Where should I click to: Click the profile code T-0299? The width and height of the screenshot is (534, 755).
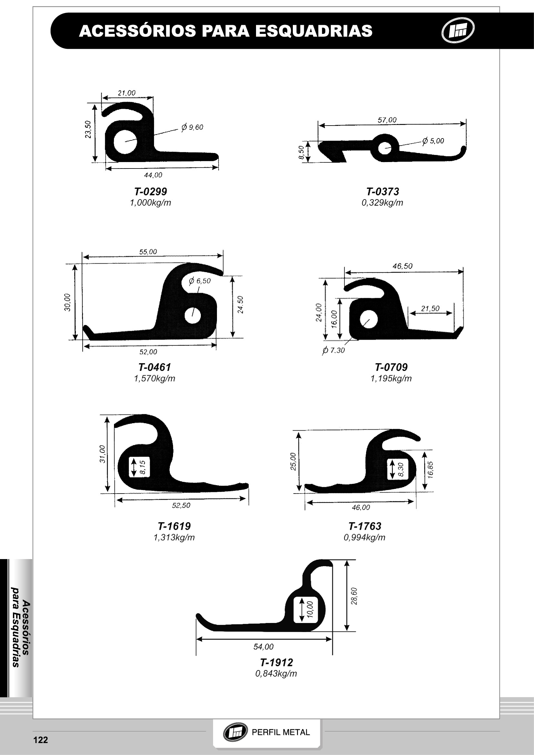[150, 191]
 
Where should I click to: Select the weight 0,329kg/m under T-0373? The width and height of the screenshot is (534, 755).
[382, 203]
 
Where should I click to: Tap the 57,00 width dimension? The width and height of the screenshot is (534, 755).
[387, 120]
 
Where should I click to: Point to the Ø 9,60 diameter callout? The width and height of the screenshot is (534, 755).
[192, 127]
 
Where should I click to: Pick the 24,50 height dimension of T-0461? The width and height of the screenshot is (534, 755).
[241, 304]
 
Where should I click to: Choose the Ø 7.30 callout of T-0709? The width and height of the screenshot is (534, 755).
[334, 351]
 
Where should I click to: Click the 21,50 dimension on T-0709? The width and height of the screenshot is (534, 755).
[430, 309]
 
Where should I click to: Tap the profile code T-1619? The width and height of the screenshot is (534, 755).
[174, 526]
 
